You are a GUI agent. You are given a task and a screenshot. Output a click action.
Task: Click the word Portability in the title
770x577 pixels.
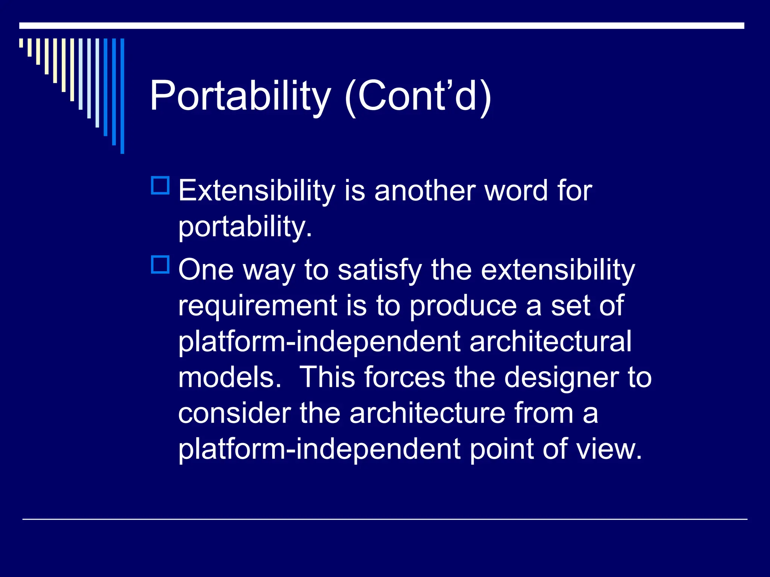coord(240,96)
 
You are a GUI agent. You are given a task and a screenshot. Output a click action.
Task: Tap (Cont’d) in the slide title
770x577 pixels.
coord(417,96)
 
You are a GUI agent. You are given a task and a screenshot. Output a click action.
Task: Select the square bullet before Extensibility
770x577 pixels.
coord(160,185)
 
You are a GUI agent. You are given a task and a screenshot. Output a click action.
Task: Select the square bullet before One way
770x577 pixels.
coord(160,264)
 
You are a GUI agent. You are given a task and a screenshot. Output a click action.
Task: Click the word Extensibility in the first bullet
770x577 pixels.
coord(256,190)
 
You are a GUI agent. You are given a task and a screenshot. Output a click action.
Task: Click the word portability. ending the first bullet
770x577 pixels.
coord(245,227)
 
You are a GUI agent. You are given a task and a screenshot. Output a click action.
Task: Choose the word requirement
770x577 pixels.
coord(258,305)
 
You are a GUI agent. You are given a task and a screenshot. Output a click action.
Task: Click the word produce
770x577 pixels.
coord(463,305)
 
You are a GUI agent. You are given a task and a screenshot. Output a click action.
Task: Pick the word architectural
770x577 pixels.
coord(550,341)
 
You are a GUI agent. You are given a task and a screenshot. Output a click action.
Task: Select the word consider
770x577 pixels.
coord(234,413)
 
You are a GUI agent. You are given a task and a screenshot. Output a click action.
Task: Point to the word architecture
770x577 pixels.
coord(427,413)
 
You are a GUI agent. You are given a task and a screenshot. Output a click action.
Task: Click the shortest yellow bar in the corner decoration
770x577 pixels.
coord(21,43)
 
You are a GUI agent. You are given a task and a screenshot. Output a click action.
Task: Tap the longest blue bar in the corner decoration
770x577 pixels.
coord(122,96)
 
